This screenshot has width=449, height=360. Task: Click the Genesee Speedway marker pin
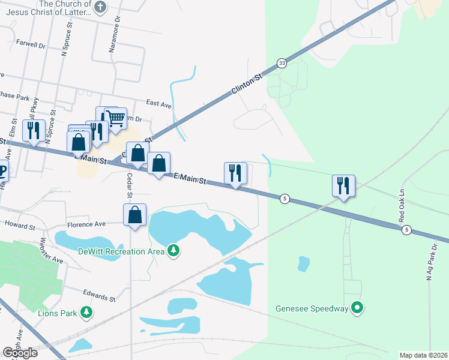[x=358, y=308]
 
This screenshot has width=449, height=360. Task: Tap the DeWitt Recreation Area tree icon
[x=173, y=249]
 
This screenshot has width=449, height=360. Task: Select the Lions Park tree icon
[x=87, y=312]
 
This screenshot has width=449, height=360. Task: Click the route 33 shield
[x=282, y=63]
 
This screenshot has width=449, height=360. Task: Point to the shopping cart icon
[x=115, y=118]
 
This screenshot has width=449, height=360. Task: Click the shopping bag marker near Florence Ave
[x=135, y=214]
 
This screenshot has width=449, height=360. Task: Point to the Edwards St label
[x=100, y=297]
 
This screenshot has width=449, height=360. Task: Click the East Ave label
[x=158, y=104]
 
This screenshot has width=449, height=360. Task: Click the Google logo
[x=20, y=352]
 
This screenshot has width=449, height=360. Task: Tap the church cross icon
[x=100, y=8]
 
